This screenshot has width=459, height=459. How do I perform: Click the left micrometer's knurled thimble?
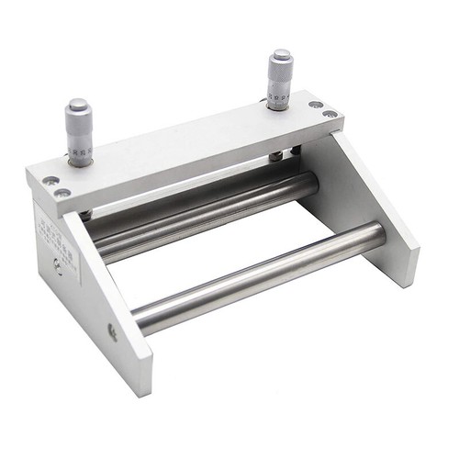[x=78, y=118]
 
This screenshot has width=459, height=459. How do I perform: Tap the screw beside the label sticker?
[x=58, y=266]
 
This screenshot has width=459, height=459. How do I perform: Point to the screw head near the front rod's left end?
[x=113, y=331]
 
